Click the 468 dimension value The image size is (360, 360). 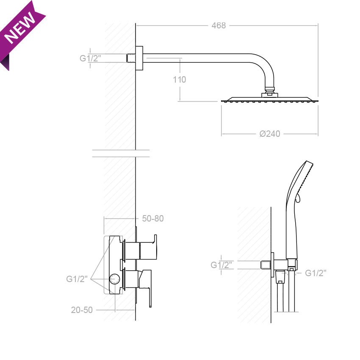(219, 25)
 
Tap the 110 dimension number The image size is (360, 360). (179, 80)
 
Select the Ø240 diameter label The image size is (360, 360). (270, 134)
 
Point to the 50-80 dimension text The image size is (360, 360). (152, 219)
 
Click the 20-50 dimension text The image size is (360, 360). (82, 310)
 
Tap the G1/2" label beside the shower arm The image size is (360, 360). (90, 58)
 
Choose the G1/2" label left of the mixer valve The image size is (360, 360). (77, 279)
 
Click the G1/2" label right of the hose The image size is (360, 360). (316, 273)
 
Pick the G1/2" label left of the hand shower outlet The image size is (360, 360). (222, 265)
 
